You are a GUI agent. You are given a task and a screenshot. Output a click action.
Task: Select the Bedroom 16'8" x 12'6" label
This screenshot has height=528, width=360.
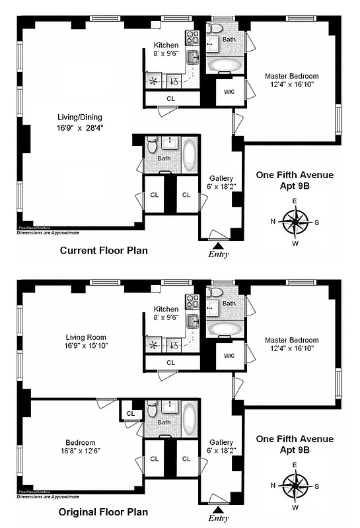[x=80, y=447]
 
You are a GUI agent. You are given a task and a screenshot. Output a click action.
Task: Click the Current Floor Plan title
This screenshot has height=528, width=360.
[x=104, y=251]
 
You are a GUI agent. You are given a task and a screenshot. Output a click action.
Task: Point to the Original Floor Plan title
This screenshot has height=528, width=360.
[x=104, y=511]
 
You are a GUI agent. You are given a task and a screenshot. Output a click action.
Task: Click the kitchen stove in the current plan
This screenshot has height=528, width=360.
[x=192, y=37]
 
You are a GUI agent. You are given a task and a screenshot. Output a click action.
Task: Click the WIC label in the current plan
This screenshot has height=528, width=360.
[x=229, y=92]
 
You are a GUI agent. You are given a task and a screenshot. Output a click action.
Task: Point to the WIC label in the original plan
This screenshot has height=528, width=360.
[x=229, y=356]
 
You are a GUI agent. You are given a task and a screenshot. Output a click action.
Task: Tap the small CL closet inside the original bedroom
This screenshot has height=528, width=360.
[x=130, y=414]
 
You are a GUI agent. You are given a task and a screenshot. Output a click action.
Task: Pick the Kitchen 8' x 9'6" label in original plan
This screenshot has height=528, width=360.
[x=166, y=313]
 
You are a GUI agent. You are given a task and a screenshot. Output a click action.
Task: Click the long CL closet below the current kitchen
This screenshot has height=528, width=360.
[x=170, y=98]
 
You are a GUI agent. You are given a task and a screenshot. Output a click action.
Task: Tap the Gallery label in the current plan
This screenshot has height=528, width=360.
[x=221, y=183]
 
